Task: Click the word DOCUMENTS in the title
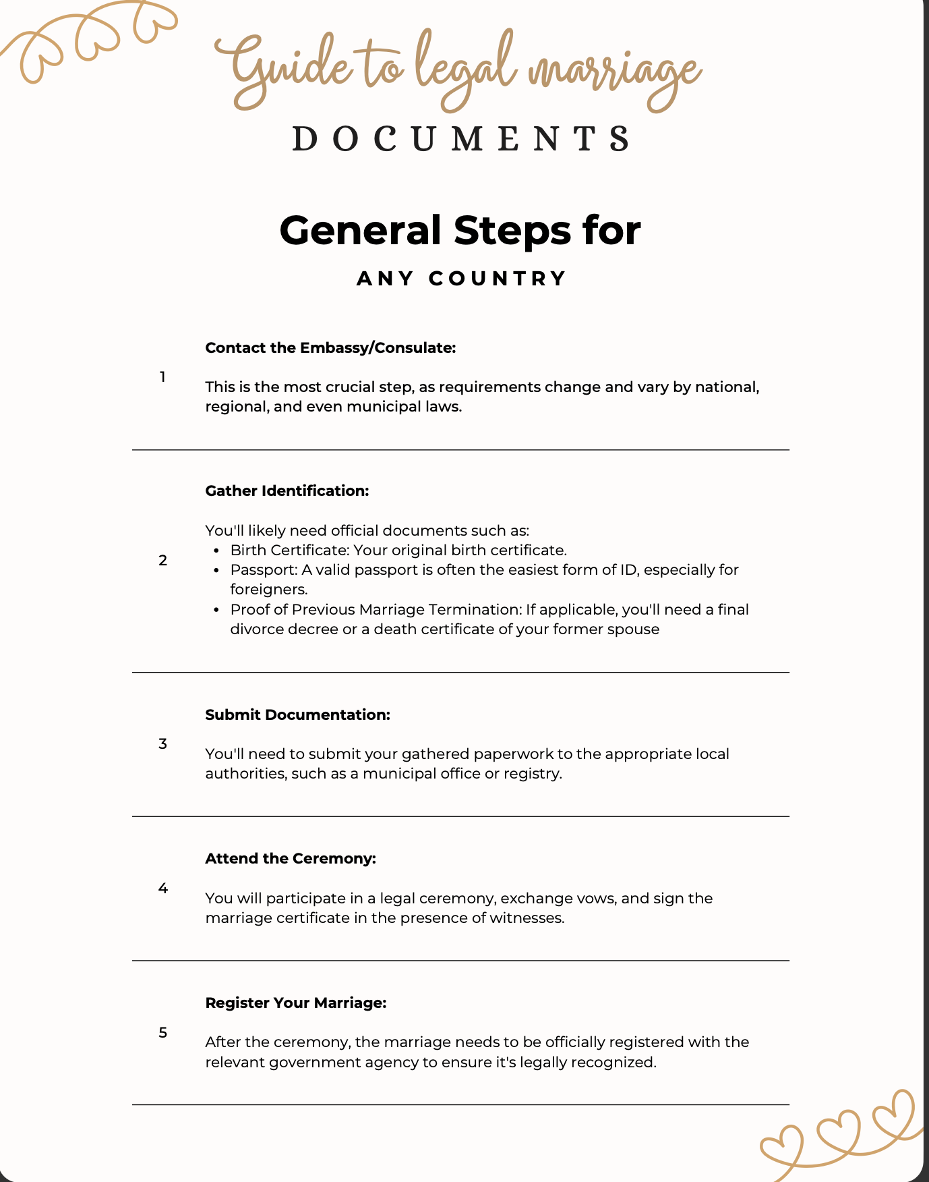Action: tap(462, 138)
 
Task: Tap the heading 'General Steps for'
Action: tap(460, 230)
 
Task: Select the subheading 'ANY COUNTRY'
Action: tap(461, 278)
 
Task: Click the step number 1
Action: tap(162, 377)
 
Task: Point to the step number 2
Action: tap(162, 560)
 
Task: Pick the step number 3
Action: tap(162, 743)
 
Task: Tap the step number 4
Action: tap(162, 888)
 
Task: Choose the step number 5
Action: tap(162, 1032)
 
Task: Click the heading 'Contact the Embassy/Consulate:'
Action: tap(330, 347)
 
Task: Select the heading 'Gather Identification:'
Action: tap(287, 490)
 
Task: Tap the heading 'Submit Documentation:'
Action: tap(297, 714)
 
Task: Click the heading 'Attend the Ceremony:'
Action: tap(290, 858)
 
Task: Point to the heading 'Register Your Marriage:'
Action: tap(295, 1003)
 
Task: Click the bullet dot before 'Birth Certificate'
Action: tap(216, 551)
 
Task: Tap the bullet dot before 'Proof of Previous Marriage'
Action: tap(216, 610)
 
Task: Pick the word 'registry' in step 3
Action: tap(535, 774)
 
